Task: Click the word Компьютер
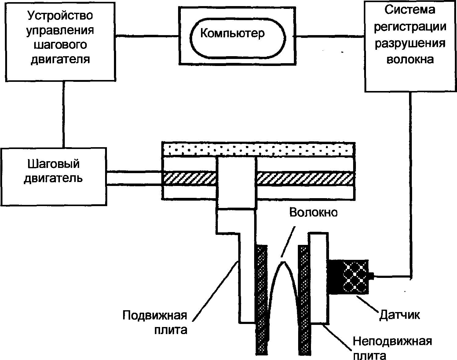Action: click(232, 33)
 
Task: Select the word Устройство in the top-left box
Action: click(60, 16)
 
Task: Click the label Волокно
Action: click(313, 212)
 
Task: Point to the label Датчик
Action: click(399, 315)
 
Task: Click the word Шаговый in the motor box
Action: click(53, 164)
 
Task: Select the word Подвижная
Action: click(155, 315)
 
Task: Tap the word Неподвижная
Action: click(392, 341)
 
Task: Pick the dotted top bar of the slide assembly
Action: click(258, 150)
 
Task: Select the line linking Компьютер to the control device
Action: click(147, 36)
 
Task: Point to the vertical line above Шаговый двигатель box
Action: click(64, 115)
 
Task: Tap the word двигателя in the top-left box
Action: click(60, 59)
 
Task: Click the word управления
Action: click(60, 30)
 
